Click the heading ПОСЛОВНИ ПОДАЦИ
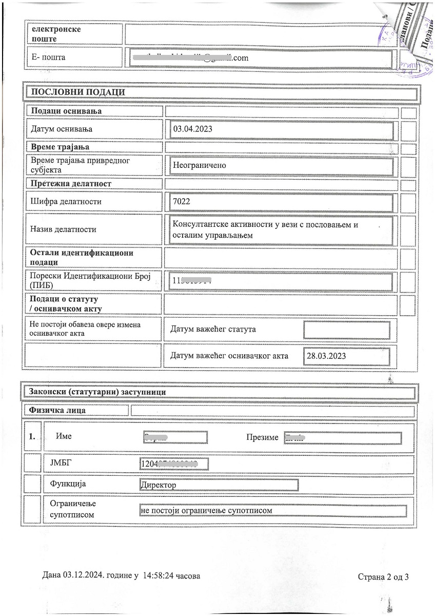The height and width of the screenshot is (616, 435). pyautogui.click(x=78, y=92)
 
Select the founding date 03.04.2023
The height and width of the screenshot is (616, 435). pyautogui.click(x=192, y=129)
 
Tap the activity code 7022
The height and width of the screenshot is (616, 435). pyautogui.click(x=182, y=202)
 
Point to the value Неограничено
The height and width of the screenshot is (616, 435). pyautogui.click(x=199, y=166)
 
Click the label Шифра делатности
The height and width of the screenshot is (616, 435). pyautogui.click(x=66, y=202)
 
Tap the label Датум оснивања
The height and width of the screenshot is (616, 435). pyautogui.click(x=62, y=129)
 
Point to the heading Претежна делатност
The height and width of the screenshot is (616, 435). pyautogui.click(x=71, y=184)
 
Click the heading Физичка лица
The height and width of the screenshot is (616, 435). pyautogui.click(x=57, y=410)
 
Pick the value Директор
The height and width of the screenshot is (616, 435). pyautogui.click(x=158, y=485)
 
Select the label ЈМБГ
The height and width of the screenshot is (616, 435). pyautogui.click(x=61, y=463)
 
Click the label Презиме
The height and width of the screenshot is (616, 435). pyautogui.click(x=262, y=437)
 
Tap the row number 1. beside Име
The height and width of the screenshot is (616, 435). pyautogui.click(x=32, y=437)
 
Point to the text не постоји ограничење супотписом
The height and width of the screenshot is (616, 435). pyautogui.click(x=205, y=511)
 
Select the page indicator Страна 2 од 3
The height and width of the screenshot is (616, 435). pyautogui.click(x=383, y=576)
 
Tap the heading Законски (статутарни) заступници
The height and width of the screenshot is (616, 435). pyautogui.click(x=97, y=392)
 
